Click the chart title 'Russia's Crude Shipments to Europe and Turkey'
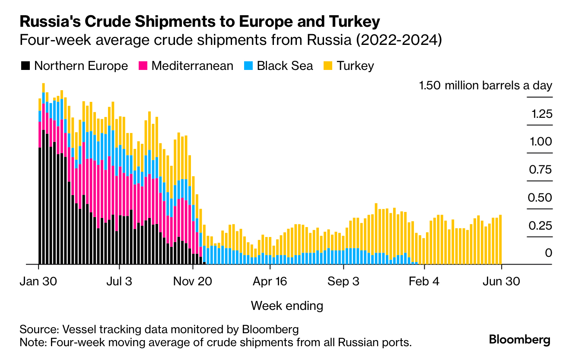click(x=200, y=22)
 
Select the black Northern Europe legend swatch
click(x=25, y=66)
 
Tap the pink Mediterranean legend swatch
click(x=143, y=66)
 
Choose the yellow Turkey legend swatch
click(x=328, y=66)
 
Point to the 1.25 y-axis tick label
click(x=542, y=114)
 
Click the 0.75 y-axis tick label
click(x=540, y=170)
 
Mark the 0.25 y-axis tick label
click(x=540, y=226)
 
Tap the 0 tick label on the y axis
click(x=548, y=253)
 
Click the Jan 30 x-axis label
click(x=38, y=281)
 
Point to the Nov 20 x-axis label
click(x=193, y=281)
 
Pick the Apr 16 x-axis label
click(x=269, y=281)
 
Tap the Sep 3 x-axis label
click(x=343, y=281)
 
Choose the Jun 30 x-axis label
click(x=501, y=281)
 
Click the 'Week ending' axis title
click(x=287, y=306)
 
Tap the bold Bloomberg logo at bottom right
click(x=520, y=340)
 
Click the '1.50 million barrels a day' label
click(x=486, y=85)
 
